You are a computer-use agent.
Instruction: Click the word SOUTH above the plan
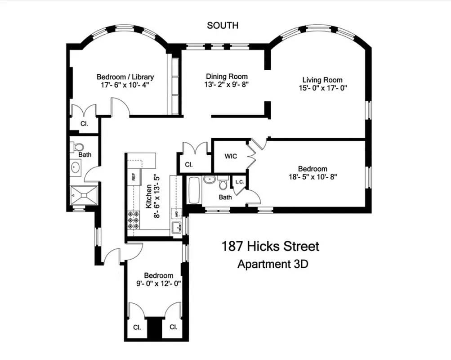[223, 26]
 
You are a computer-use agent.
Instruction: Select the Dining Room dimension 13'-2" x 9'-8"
[227, 84]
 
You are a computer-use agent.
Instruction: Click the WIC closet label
[231, 157]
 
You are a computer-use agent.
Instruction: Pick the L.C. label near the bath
[239, 182]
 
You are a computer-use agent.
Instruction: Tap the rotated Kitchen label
[148, 196]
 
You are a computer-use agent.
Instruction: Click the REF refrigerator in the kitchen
[134, 177]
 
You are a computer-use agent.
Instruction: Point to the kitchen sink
[176, 227]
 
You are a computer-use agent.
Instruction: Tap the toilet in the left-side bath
[79, 146]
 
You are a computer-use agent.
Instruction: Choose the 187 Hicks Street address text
[270, 247]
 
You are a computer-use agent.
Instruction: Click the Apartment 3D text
[272, 264]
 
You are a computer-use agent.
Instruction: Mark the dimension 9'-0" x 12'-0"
[158, 283]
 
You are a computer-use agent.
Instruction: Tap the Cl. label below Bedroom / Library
[84, 123]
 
